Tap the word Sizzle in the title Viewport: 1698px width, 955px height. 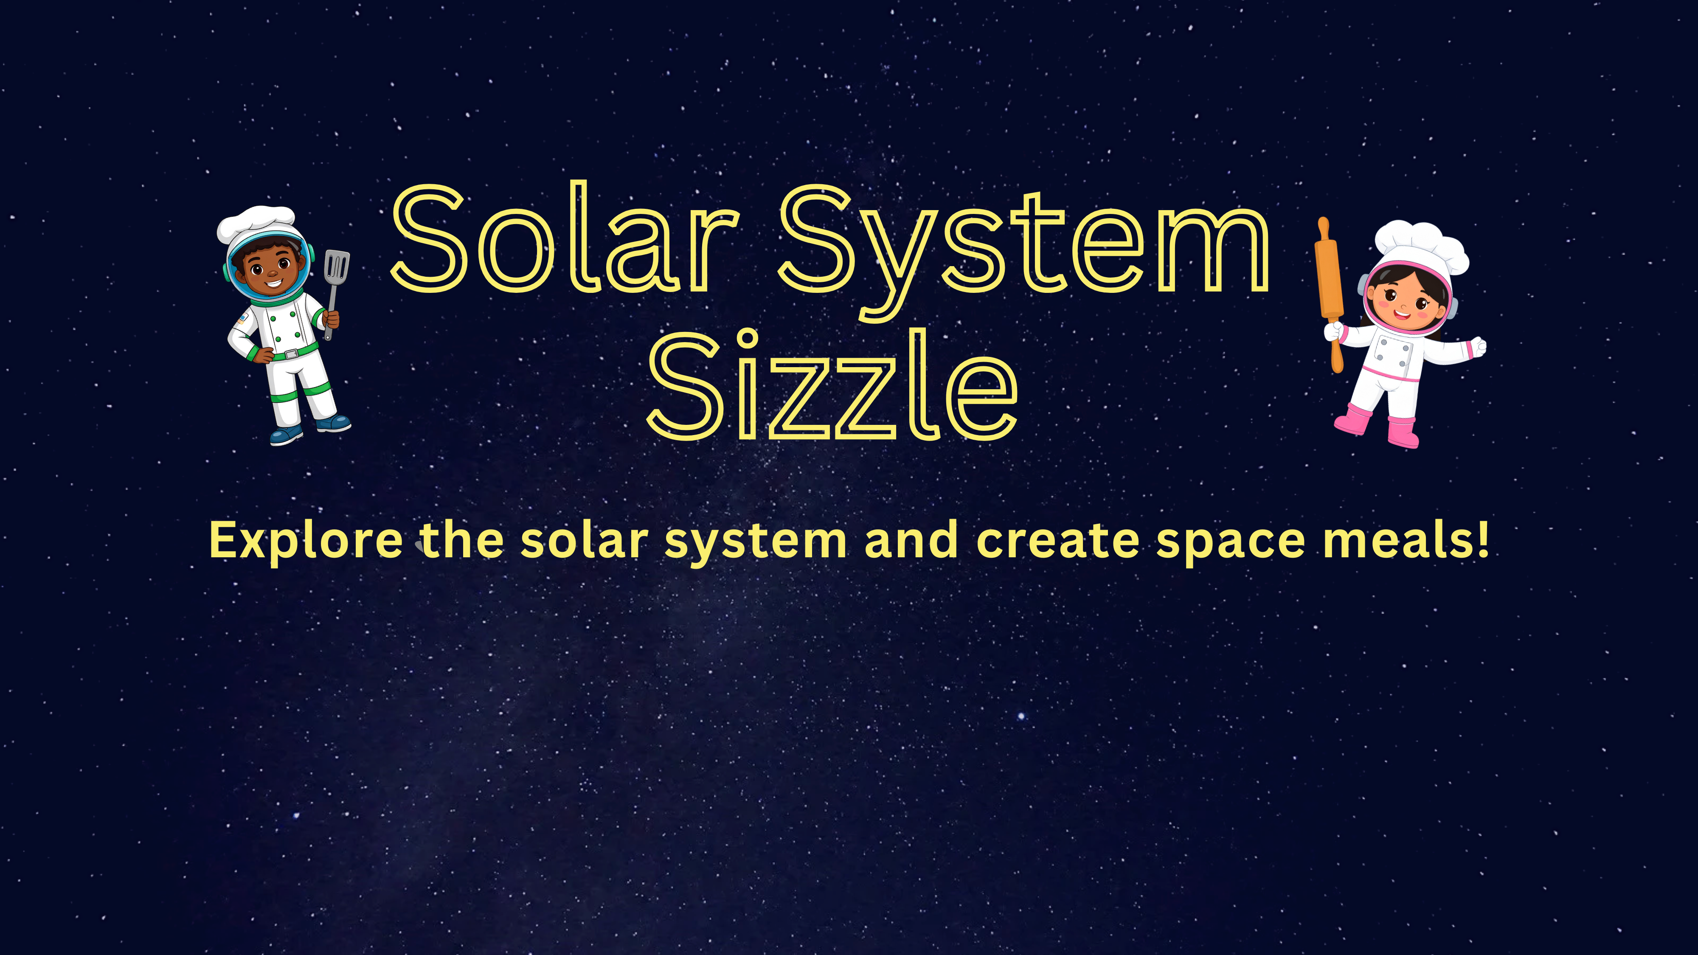(x=832, y=385)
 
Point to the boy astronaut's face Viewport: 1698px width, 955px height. (x=269, y=269)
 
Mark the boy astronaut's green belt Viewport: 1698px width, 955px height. (x=290, y=353)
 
